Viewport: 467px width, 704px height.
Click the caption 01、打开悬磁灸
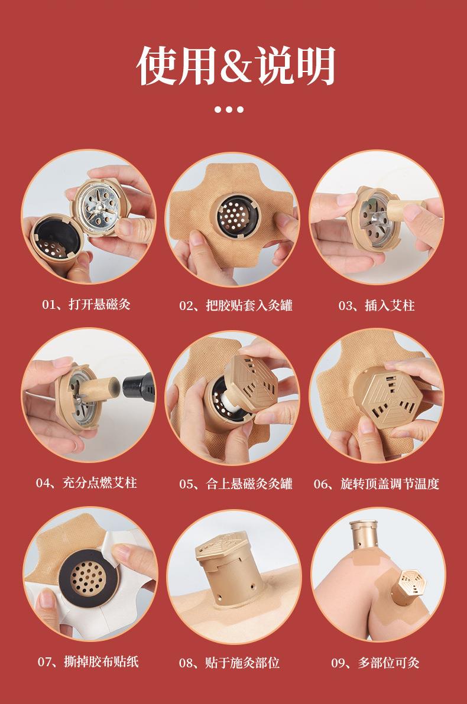pyautogui.click(x=86, y=305)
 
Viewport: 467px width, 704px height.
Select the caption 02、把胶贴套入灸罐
pyautogui.click(x=236, y=305)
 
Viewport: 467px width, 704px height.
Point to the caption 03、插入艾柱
pyautogui.click(x=377, y=305)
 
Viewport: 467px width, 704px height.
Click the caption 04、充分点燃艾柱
pyautogui.click(x=86, y=483)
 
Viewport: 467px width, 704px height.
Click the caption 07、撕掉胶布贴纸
pyautogui.click(x=88, y=661)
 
